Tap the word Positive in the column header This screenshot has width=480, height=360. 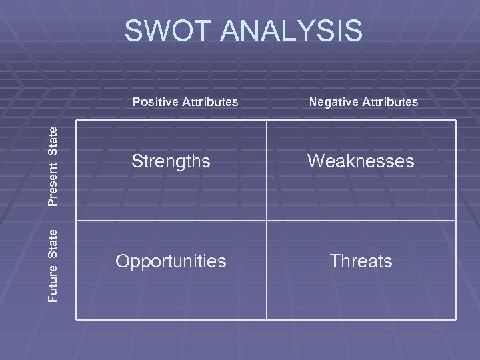(x=155, y=102)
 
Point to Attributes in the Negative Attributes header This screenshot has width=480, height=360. (x=391, y=102)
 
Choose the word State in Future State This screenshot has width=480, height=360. (x=57, y=243)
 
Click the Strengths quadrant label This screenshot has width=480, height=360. (x=171, y=161)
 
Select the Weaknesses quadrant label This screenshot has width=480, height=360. (x=361, y=161)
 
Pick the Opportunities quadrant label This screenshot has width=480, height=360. (x=171, y=261)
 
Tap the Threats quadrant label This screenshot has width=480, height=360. (x=361, y=261)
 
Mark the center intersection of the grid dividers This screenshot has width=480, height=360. (x=266, y=220)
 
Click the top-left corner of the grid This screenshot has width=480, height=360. (x=76, y=121)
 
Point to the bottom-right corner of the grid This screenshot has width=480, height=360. (x=456, y=320)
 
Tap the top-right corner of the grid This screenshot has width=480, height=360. (x=456, y=121)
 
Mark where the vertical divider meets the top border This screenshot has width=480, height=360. (x=266, y=121)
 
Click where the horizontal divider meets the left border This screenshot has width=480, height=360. (x=76, y=220)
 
